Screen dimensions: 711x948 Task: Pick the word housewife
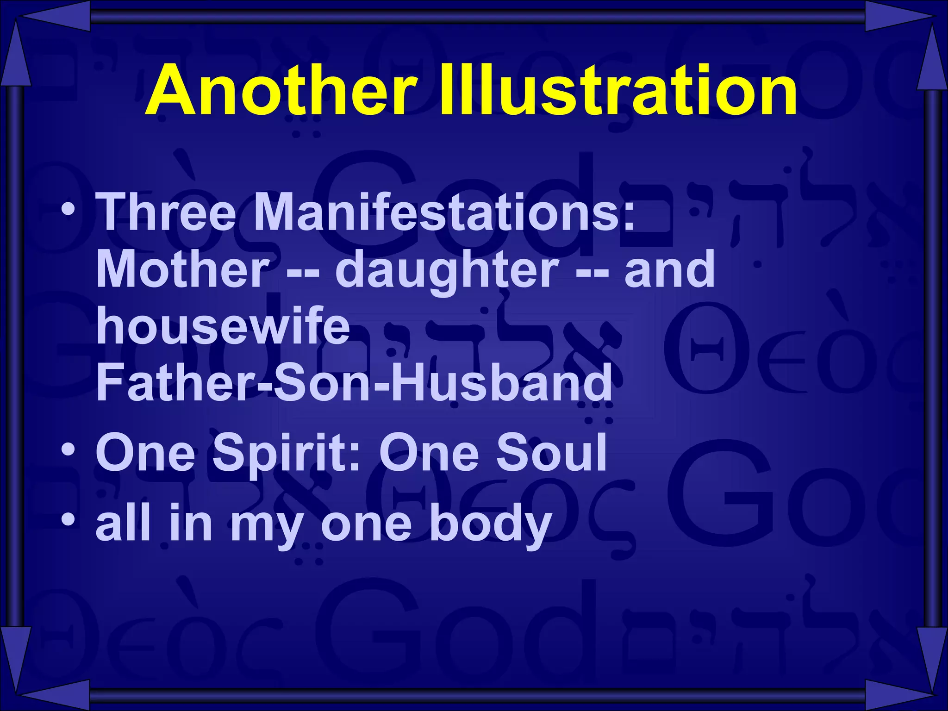(223, 326)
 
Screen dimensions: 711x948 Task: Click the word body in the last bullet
(490, 525)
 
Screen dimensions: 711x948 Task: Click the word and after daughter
(669, 269)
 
